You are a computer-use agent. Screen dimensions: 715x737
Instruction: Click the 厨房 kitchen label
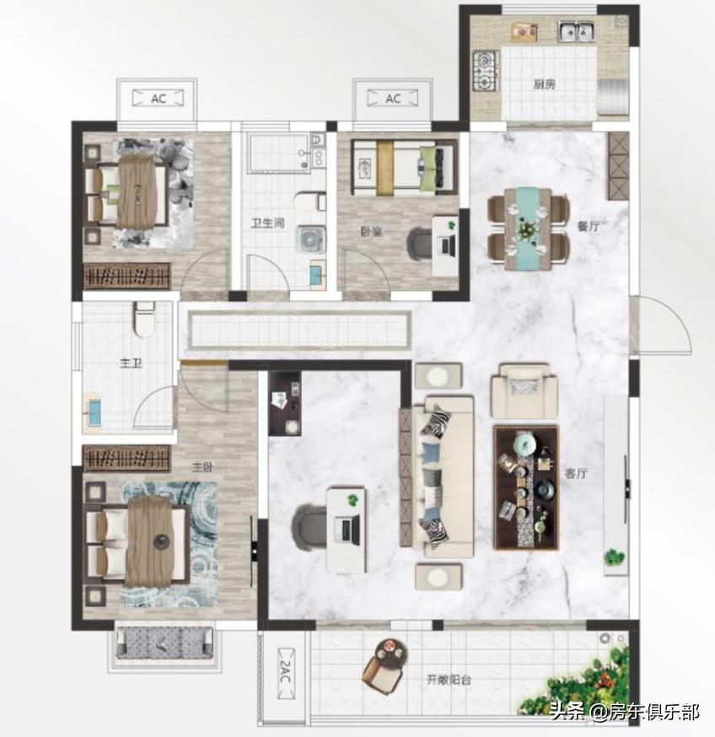pyautogui.click(x=545, y=84)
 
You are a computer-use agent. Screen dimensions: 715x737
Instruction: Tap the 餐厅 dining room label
pyautogui.click(x=588, y=226)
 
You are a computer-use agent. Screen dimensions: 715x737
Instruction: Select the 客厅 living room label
pyautogui.click(x=576, y=473)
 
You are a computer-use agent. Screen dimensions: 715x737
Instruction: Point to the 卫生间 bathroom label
pyautogui.click(x=267, y=223)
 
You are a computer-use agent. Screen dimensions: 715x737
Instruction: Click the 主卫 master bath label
pyautogui.click(x=131, y=363)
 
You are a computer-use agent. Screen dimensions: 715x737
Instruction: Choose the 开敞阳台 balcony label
pyautogui.click(x=449, y=680)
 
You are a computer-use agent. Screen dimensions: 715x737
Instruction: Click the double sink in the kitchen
pyautogui.click(x=577, y=31)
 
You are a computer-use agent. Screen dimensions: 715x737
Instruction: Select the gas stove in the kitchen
pyautogui.click(x=486, y=71)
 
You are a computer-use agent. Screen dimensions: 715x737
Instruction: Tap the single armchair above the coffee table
pyautogui.click(x=524, y=390)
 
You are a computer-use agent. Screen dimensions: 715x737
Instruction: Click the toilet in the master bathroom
pyautogui.click(x=144, y=319)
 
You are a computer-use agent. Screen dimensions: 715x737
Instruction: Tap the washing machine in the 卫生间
pyautogui.click(x=311, y=239)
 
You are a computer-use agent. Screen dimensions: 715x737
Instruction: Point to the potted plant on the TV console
pyautogui.click(x=614, y=557)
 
